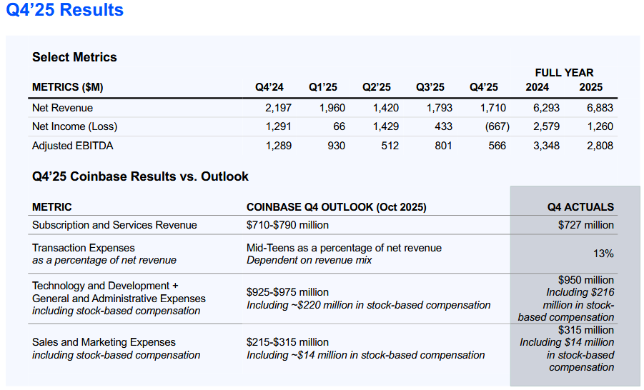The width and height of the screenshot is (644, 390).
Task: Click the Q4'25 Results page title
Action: pos(65,11)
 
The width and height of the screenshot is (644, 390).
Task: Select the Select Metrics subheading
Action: pos(74,57)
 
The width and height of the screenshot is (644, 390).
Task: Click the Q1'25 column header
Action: pos(323,87)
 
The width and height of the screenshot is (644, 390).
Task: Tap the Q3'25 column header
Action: pos(430,87)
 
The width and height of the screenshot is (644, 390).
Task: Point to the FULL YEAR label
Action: pos(564,73)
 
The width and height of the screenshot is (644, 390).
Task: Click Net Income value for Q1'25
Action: pos(339,126)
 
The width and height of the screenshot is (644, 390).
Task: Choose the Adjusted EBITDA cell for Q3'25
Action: pos(440,146)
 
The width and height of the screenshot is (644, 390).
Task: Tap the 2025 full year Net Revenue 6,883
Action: pos(596,108)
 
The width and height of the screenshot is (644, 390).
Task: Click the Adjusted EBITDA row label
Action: pos(73,146)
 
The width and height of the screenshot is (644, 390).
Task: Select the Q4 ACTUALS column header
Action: pos(580,207)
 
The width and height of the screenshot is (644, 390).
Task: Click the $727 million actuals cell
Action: pos(585,225)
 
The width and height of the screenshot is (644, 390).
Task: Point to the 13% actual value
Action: pos(603,254)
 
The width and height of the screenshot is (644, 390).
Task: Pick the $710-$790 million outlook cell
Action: pos(288,225)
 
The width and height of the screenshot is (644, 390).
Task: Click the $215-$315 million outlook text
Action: pos(288,342)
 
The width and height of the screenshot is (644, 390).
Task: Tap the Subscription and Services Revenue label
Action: pos(114,225)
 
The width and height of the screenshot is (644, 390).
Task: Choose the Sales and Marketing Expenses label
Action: pos(104,342)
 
